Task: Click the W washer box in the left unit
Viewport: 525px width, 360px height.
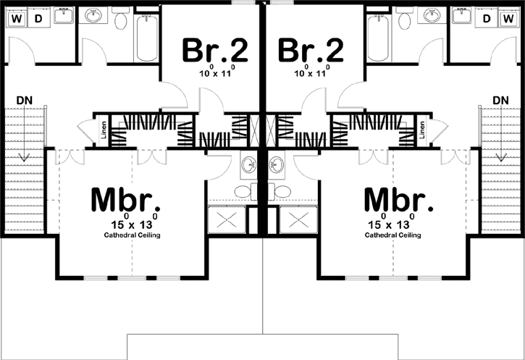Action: tap(17, 18)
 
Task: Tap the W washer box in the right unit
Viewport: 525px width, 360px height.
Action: tap(508, 18)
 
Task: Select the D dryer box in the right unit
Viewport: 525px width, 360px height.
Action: tap(487, 18)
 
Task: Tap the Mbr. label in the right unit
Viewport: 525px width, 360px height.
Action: tap(398, 199)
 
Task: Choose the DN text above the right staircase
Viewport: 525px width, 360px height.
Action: tap(500, 99)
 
